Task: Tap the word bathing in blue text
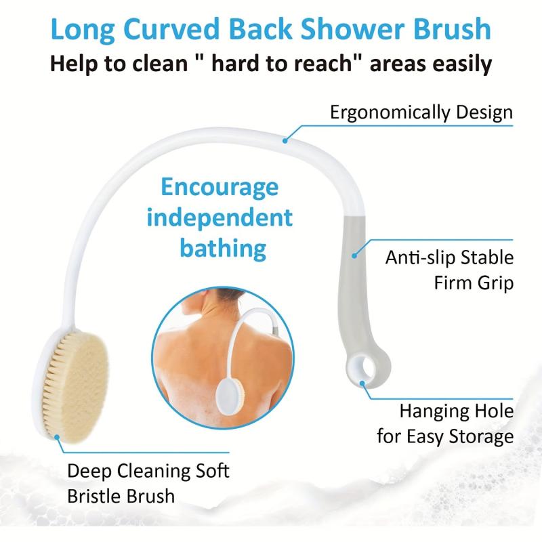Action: click(223, 247)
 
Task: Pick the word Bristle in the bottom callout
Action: click(93, 495)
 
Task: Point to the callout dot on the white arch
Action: click(285, 140)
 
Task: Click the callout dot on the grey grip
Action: click(354, 256)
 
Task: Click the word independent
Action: click(220, 217)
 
